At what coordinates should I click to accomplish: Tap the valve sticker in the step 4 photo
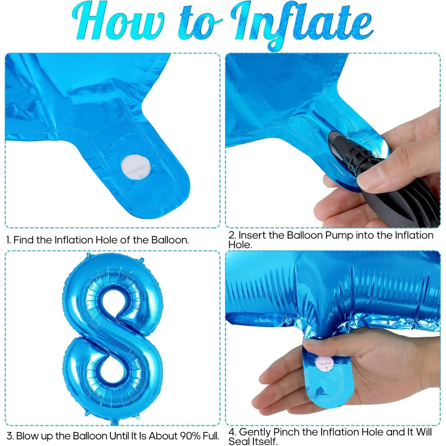pyautogui.click(x=325, y=363)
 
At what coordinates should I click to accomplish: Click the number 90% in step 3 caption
pyautogui.click(x=190, y=436)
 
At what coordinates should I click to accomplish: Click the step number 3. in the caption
pyautogui.click(x=10, y=436)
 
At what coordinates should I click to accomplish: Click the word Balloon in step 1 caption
pyautogui.click(x=170, y=240)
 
